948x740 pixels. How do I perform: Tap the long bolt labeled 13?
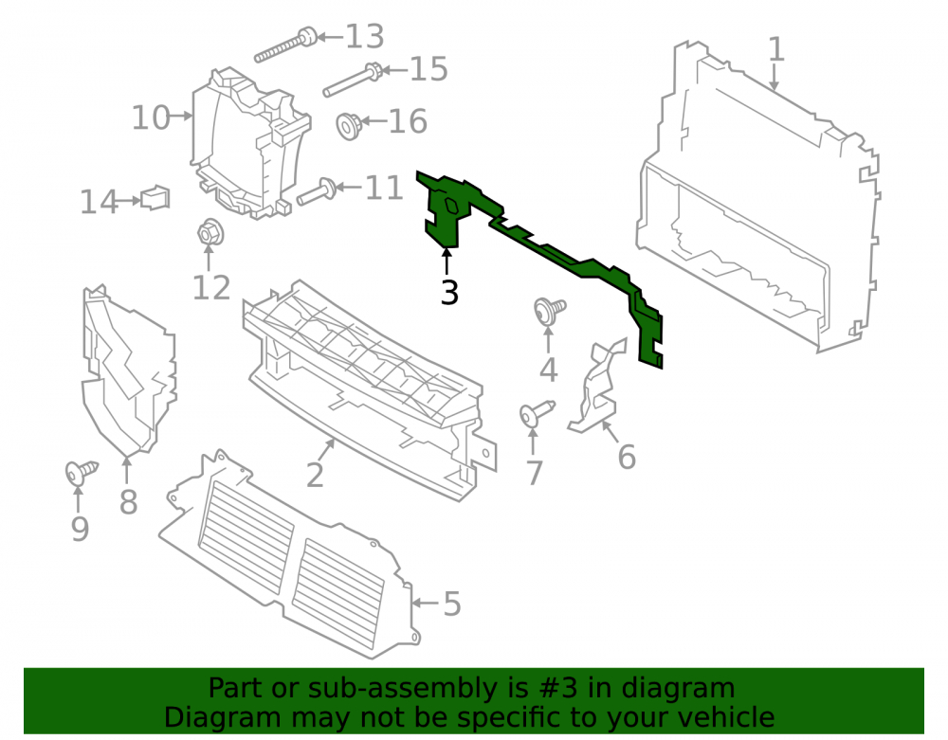click(286, 45)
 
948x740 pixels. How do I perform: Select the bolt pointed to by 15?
click(353, 80)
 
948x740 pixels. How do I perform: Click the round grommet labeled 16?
click(349, 126)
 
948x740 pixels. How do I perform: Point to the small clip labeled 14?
click(155, 197)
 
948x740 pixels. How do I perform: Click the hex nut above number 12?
click(210, 232)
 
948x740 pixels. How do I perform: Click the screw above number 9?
click(81, 471)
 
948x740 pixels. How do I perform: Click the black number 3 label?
click(449, 293)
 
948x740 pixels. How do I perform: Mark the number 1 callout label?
click(776, 49)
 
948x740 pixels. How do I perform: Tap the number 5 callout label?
click(452, 604)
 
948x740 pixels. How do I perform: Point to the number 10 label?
click(151, 117)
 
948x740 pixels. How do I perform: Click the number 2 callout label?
click(315, 475)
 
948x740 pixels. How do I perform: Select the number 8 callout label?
click(128, 502)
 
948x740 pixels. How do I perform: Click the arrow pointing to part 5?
click(425, 603)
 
